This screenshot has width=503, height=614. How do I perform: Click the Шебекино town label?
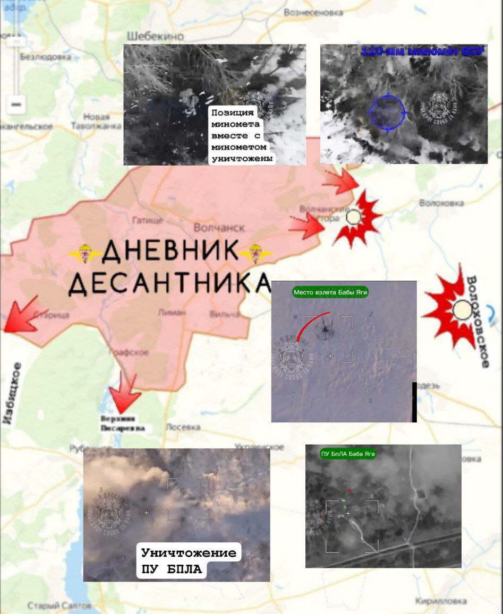[x=156, y=36]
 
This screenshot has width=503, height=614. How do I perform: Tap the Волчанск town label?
[x=219, y=227]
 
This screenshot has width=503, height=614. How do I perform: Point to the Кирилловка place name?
[x=441, y=601]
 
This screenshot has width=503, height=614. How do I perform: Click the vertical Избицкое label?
[x=12, y=393]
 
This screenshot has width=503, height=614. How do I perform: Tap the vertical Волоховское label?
[x=476, y=322]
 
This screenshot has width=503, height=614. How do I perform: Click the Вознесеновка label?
[x=313, y=12]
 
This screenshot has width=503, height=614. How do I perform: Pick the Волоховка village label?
[x=441, y=203]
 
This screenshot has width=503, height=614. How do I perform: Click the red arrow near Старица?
[x=21, y=315]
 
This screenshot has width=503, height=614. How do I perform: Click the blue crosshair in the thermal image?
[x=388, y=113]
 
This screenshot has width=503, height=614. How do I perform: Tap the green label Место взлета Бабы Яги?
[x=330, y=292]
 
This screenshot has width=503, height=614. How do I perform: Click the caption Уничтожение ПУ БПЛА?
[x=188, y=561]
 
